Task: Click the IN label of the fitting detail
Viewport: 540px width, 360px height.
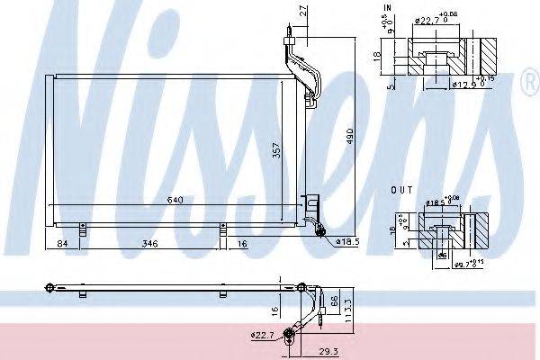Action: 388,8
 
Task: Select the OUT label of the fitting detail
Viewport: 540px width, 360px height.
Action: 401,191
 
